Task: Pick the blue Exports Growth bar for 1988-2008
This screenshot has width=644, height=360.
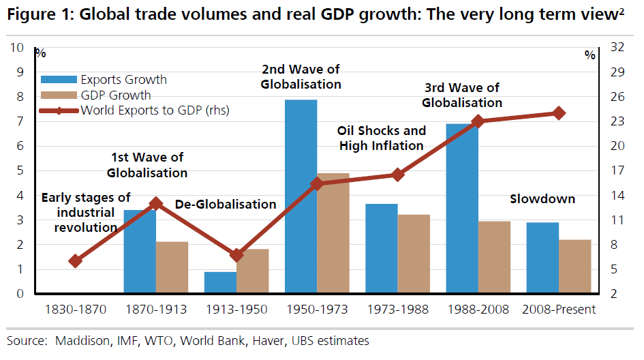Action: (462, 208)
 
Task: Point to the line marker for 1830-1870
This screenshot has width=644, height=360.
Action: (76, 260)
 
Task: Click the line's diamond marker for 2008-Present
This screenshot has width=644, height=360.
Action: (559, 113)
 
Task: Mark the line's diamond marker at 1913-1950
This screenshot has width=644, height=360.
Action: (236, 256)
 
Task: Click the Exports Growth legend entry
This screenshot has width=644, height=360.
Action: (123, 80)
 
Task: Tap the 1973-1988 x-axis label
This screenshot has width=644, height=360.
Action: (397, 310)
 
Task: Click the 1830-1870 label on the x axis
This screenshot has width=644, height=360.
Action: (76, 310)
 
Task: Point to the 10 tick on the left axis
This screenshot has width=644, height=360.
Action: (16, 47)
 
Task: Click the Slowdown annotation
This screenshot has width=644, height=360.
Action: (542, 200)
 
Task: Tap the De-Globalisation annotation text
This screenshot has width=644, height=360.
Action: (226, 205)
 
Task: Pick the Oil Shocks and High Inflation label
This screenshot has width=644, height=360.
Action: (382, 138)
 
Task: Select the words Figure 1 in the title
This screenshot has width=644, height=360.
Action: (37, 14)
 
